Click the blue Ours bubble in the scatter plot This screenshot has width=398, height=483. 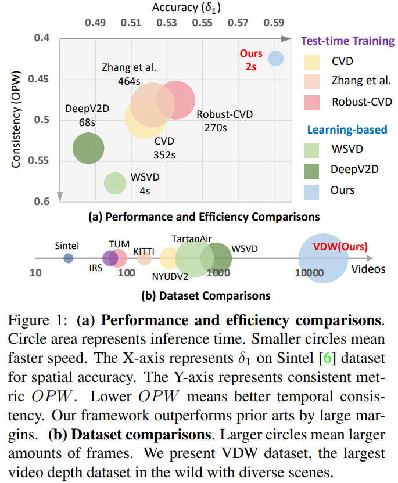tap(275, 59)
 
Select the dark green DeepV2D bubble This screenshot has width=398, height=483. tap(88, 148)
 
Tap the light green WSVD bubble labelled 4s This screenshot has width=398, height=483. tap(116, 183)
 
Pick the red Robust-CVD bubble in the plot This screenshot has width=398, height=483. tap(175, 100)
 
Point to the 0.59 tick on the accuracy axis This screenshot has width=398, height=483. tap(274, 23)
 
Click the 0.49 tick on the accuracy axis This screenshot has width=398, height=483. tap(95, 23)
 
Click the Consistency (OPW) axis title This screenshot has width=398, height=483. tap(16, 120)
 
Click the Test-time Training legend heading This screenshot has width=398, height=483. tap(347, 41)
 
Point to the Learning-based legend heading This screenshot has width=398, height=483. tap(347, 129)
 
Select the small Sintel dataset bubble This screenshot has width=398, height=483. tap(69, 259)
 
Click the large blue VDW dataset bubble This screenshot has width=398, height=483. tap(323, 258)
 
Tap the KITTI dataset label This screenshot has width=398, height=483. tap(144, 250)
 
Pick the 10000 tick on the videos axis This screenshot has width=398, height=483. tap(309, 272)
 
